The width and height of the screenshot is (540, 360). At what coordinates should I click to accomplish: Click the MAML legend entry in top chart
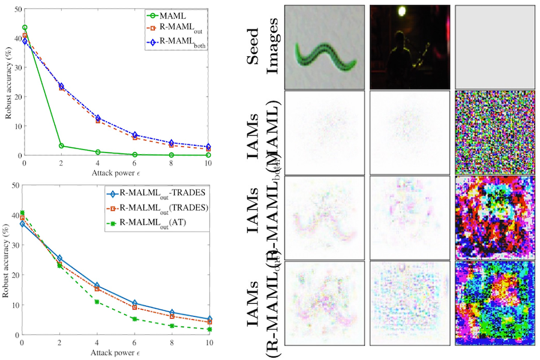tap(181, 14)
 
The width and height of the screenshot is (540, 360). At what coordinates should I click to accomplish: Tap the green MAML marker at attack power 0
tap(25, 28)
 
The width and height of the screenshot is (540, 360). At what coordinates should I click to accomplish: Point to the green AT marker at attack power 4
tap(97, 302)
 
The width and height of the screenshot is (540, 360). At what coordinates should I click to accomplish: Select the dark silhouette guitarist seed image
tap(409, 47)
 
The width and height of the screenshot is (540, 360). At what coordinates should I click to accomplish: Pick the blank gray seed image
tap(494, 47)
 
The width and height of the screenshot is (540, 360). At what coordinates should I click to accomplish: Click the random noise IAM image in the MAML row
tap(494, 132)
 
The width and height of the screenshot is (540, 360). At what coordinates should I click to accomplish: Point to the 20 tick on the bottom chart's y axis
tap(17, 275)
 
